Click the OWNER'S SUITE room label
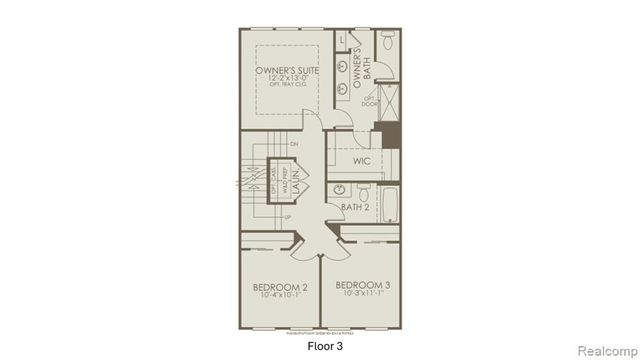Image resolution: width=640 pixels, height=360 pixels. (x=286, y=71)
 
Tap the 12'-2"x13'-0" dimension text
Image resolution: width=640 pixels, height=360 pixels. (x=286, y=82)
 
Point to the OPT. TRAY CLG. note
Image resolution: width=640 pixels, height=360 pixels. (x=286, y=91)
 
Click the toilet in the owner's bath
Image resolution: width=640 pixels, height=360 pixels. (x=388, y=44)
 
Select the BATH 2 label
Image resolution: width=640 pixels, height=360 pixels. (x=354, y=208)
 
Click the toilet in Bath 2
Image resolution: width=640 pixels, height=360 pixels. (x=363, y=191)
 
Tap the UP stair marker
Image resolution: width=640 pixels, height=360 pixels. (x=288, y=217)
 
